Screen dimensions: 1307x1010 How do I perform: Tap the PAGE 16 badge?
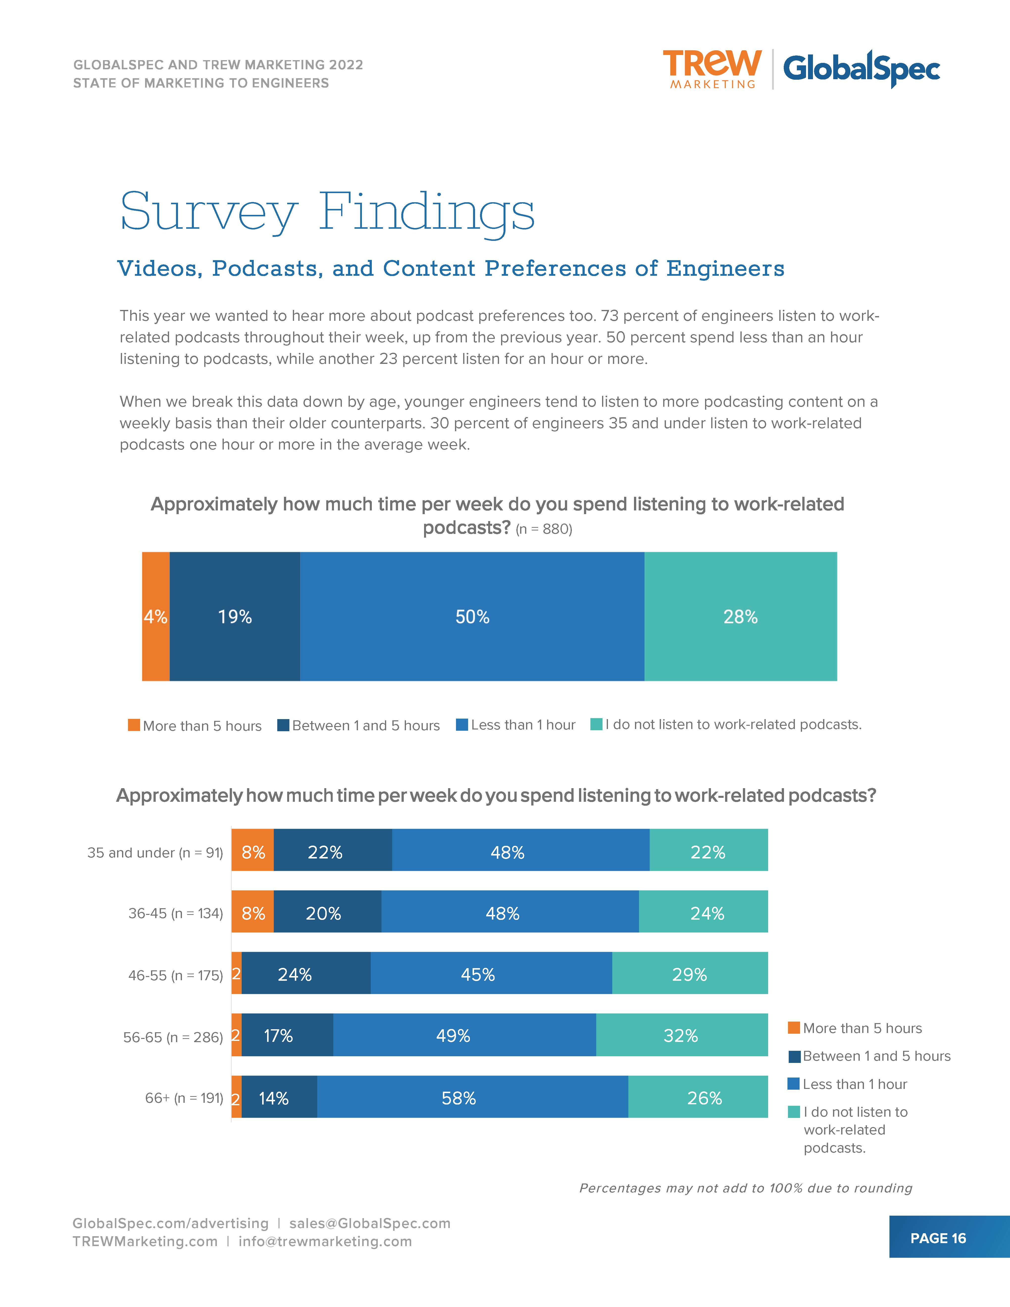pos(938,1238)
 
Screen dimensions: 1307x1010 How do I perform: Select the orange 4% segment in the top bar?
pos(155,616)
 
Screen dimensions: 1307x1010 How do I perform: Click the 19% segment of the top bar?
pos(234,616)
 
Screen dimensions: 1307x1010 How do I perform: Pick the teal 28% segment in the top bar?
pos(740,616)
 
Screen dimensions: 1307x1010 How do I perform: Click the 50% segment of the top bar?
pos(472,616)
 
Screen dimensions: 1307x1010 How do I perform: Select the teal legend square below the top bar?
pos(596,724)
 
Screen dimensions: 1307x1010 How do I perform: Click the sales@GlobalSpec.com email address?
pos(370,1223)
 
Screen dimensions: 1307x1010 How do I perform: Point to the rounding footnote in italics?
pos(746,1188)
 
